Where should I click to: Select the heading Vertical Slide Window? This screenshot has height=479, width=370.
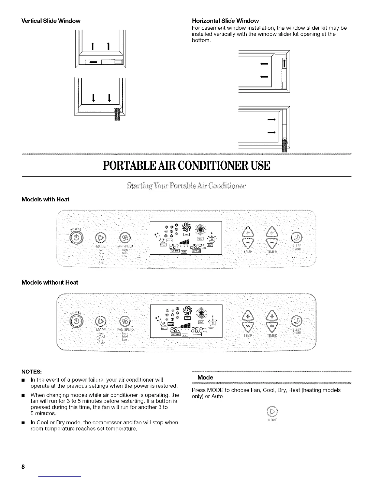(x=51, y=21)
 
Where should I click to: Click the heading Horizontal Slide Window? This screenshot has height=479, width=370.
(x=225, y=21)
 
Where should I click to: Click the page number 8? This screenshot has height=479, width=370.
(x=23, y=466)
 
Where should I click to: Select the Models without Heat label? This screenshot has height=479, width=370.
(x=50, y=282)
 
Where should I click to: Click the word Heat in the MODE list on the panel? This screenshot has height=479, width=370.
(x=101, y=259)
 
